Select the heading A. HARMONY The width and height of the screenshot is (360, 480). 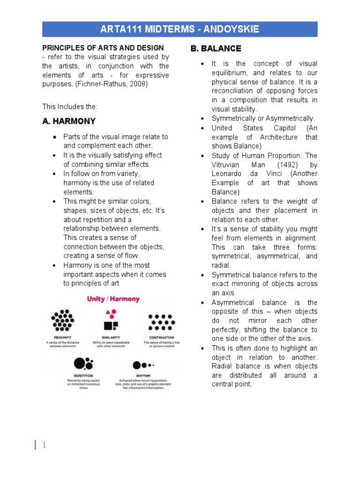(68, 121)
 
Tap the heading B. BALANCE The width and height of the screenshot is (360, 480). (216, 49)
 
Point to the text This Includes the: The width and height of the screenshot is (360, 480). (69, 107)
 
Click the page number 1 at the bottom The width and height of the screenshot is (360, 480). (44, 445)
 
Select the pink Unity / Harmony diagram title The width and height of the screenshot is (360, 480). (113, 299)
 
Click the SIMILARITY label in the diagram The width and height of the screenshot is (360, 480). (112, 337)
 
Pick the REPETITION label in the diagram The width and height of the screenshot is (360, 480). (83, 375)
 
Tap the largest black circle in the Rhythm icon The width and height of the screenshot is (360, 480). (136, 365)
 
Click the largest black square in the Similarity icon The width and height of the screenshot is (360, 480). (108, 326)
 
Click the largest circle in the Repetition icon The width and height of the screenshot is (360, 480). (79, 363)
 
